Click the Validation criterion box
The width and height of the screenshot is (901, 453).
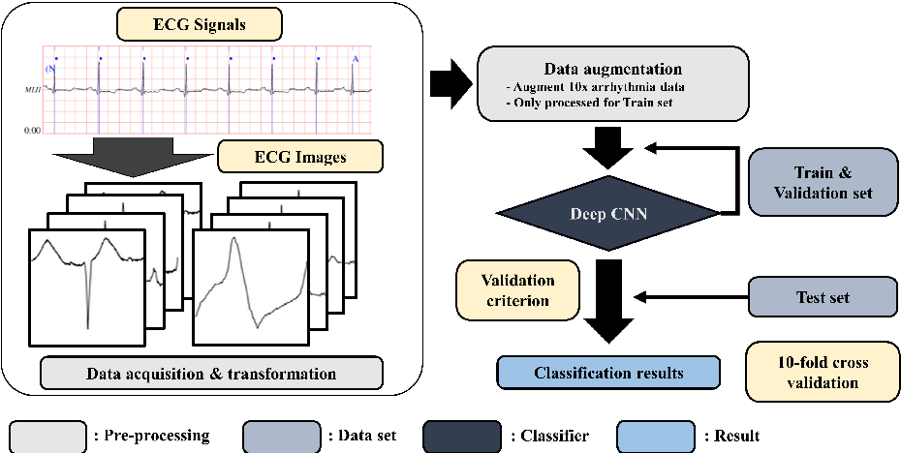coord(518,290)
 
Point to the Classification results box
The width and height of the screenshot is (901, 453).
coord(608,373)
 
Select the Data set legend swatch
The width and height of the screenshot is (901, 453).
coord(282,436)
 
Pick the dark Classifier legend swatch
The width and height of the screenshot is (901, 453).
coord(463,436)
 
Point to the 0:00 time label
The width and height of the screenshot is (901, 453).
coord(31,129)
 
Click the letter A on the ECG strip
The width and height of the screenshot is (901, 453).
coord(356,59)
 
